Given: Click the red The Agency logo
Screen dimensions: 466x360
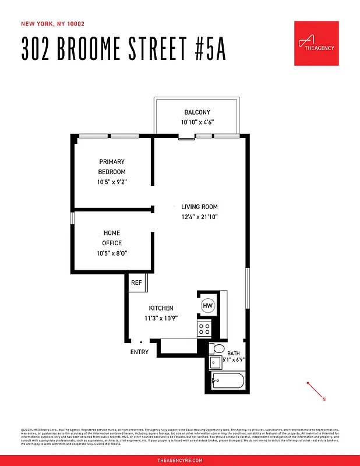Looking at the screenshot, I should click(x=316, y=43).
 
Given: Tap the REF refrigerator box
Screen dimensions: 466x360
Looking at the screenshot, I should click(x=137, y=283).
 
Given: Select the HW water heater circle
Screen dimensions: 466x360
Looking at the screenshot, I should click(x=207, y=306).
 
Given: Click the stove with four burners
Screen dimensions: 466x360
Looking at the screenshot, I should click(x=204, y=329).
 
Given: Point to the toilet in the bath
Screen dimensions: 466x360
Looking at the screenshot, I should click(x=217, y=349).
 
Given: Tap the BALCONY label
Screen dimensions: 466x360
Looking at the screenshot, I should click(x=197, y=112).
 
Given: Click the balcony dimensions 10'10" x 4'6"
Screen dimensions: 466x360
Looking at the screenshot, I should click(x=197, y=122).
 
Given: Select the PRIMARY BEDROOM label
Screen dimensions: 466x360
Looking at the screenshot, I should click(x=112, y=167).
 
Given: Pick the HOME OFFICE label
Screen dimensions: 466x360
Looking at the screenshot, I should click(x=112, y=238).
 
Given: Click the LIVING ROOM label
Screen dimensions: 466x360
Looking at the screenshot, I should click(x=199, y=207).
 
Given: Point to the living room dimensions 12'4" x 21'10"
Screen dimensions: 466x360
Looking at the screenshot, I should click(x=199, y=217).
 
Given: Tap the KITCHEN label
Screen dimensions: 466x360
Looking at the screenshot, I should click(x=161, y=308).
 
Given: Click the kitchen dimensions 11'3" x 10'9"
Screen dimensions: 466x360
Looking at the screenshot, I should click(x=161, y=318).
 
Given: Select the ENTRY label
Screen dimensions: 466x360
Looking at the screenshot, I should click(x=139, y=352).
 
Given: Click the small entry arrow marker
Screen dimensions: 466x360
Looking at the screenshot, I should click(x=141, y=343).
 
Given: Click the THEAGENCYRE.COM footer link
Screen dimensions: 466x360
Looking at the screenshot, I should click(x=180, y=460).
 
